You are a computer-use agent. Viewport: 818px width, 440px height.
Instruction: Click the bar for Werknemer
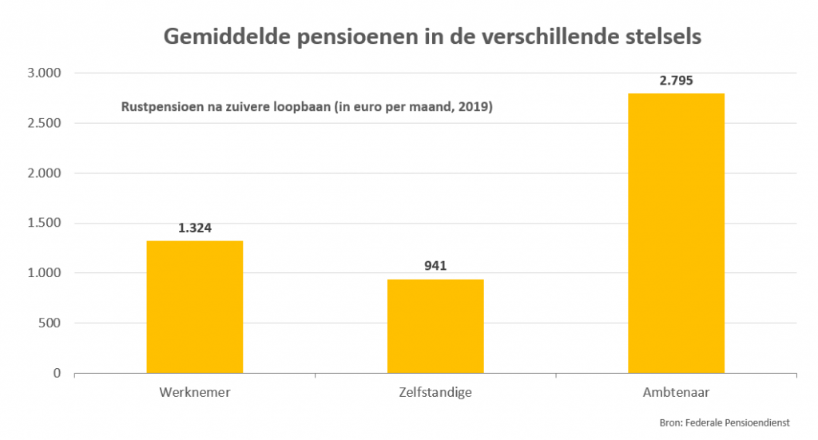click(x=195, y=307)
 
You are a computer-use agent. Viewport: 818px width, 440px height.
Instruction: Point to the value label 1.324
click(x=195, y=228)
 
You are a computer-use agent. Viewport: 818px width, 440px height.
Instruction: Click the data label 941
click(x=435, y=266)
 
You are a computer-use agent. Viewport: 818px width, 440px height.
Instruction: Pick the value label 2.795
click(x=676, y=80)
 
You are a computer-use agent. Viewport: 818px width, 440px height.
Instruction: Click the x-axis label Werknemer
click(x=195, y=393)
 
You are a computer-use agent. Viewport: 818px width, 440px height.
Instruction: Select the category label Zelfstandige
click(x=435, y=393)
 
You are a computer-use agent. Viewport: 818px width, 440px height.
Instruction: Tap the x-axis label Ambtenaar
click(x=676, y=393)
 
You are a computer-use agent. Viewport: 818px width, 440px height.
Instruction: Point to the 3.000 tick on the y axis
click(x=44, y=73)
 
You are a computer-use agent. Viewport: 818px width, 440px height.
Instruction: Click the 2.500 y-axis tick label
click(x=44, y=123)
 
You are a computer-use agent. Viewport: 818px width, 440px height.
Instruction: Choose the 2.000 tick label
click(x=44, y=173)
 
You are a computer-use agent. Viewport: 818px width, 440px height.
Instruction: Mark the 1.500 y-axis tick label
click(x=44, y=223)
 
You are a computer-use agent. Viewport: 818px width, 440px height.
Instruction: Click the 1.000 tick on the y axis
click(x=44, y=273)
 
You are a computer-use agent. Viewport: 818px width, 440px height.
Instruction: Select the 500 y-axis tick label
click(x=50, y=323)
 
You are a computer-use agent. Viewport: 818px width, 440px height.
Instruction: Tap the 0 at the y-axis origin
click(x=57, y=373)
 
